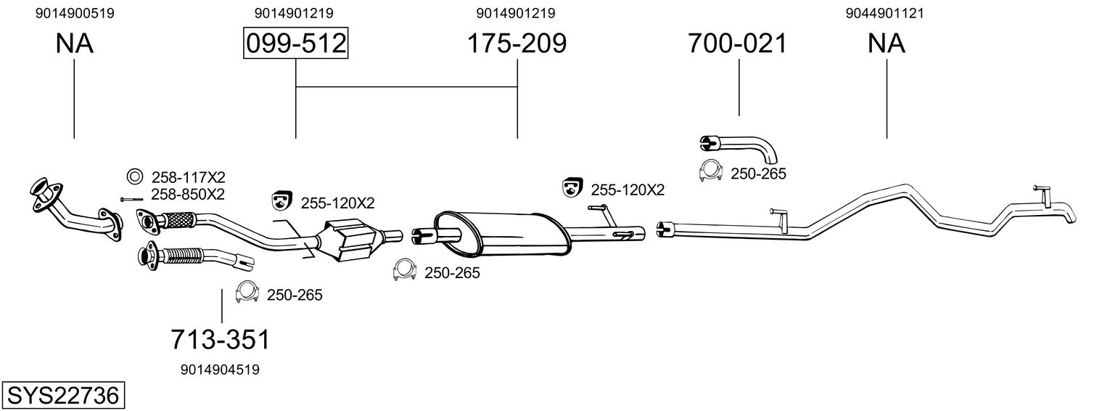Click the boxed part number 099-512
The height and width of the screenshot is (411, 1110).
point(296,43)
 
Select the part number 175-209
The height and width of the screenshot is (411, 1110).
point(517,43)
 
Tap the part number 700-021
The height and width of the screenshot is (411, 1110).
point(737,43)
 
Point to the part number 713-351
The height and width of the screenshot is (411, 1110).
point(221,340)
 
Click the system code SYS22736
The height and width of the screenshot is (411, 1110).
point(63,396)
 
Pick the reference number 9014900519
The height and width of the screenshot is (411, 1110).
point(75,13)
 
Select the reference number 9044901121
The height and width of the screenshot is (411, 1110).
point(885,13)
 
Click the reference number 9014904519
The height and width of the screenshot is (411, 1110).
point(220,370)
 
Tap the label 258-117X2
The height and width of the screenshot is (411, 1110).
point(189,177)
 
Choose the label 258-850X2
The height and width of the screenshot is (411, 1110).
point(188,194)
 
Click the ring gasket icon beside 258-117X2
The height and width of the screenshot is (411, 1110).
point(133,176)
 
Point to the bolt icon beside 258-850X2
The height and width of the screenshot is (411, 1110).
point(131,199)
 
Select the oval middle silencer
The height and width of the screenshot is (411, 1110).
point(501,234)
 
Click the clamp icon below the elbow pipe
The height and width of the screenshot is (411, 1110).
point(710,171)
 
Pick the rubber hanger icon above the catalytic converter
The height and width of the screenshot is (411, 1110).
point(281,200)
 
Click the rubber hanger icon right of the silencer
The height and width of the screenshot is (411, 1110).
point(572,187)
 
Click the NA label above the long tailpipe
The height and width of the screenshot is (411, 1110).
point(886,44)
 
